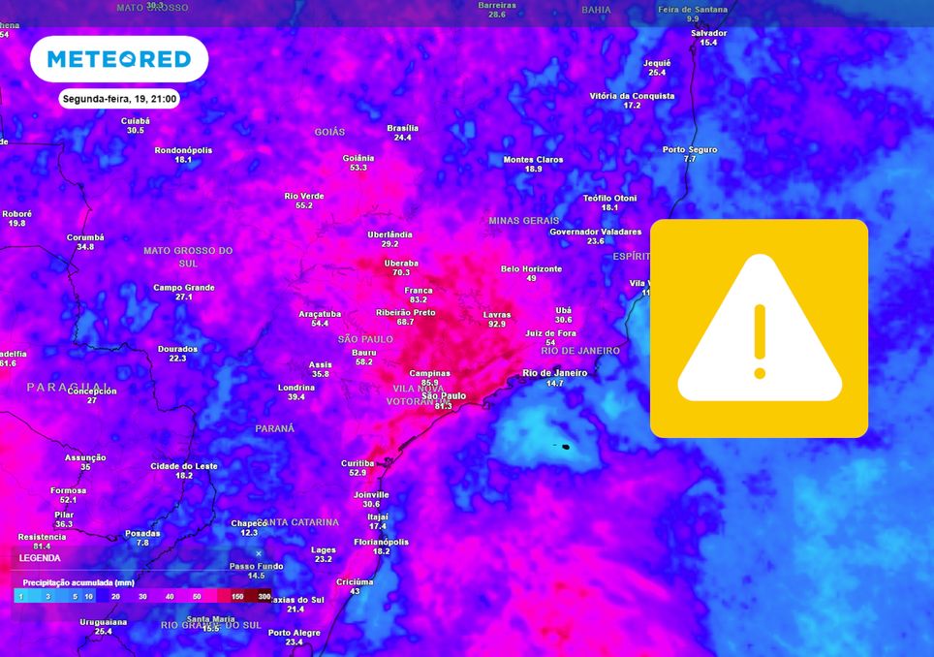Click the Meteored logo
click(119, 59)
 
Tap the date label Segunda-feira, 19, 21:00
click(119, 99)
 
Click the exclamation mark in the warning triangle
click(760, 341)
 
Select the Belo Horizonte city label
click(531, 268)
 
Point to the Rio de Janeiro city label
click(555, 373)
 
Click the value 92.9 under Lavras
click(497, 324)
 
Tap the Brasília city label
click(402, 128)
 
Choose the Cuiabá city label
click(135, 120)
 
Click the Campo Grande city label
click(183, 287)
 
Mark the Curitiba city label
click(358, 463)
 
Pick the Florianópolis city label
click(382, 542)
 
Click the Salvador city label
click(708, 33)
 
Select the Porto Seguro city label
click(690, 149)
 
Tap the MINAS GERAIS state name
click(524, 221)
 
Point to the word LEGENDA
click(40, 558)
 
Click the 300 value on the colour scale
click(264, 596)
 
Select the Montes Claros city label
click(533, 160)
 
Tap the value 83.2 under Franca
click(419, 299)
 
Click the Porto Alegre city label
click(294, 633)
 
